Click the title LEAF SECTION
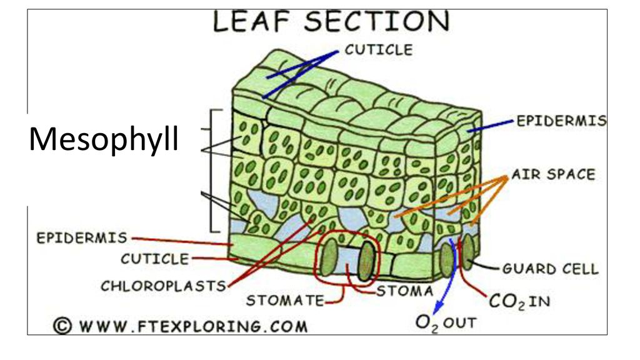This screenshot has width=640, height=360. pos(331,22)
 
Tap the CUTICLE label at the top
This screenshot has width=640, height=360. pos(379,50)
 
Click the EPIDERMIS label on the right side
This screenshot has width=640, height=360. pos(562,121)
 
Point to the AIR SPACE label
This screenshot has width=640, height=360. pos(554,174)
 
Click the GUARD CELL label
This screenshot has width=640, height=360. pos(550,269)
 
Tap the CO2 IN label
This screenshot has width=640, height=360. pos(519,302)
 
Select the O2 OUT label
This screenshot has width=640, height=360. pos(446,323)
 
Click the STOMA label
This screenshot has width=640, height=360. pos(404,291)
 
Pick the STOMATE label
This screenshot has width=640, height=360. pos(285,301)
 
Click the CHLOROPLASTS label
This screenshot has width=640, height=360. pos(163,286)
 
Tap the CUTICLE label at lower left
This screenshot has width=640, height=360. pos(155,259)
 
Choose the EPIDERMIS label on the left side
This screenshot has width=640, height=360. pos(82,237)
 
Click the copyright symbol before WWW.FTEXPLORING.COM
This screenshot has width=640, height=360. pos(62,326)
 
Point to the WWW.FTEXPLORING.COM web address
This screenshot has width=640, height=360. pos(193,326)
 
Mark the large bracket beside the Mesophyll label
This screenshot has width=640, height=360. pos(214,171)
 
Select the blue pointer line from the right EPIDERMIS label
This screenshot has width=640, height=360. pos(490,126)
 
